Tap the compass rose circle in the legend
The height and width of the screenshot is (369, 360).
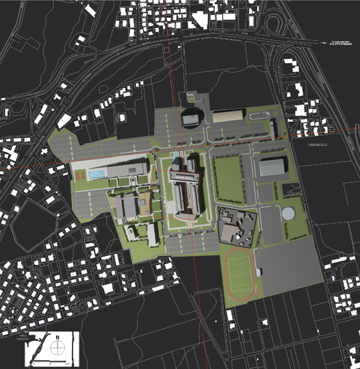click(x=58, y=347)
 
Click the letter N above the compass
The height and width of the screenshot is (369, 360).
click(x=58, y=337)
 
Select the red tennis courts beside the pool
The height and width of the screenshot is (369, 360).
click(x=81, y=175)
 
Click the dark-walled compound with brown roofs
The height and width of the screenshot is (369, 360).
click(x=237, y=226)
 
